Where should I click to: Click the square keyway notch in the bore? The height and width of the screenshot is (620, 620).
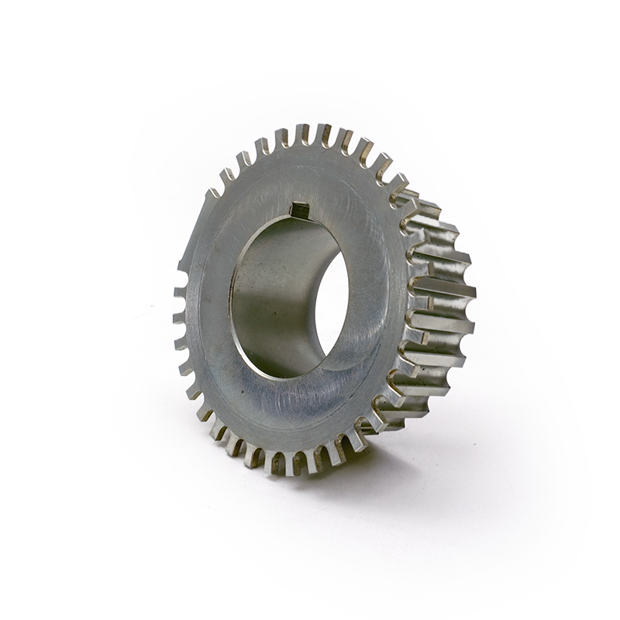point(299,209)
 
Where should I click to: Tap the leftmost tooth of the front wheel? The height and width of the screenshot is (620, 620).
point(179,318)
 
